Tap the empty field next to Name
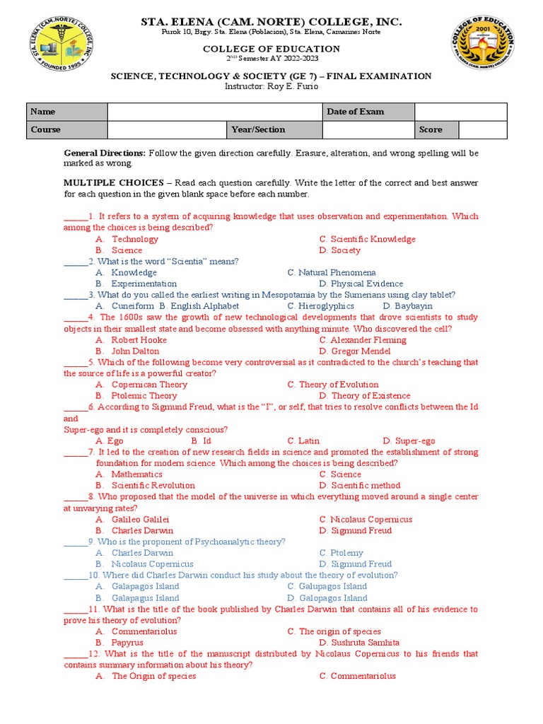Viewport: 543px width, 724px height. (x=215, y=112)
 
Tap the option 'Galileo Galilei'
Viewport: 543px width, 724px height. (x=140, y=520)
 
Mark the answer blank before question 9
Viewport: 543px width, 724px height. (x=75, y=542)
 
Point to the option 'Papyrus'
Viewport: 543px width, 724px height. (x=127, y=643)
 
